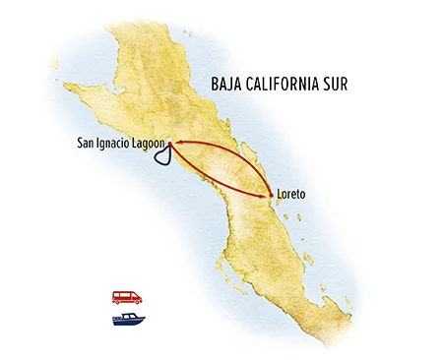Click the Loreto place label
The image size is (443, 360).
click(291, 195)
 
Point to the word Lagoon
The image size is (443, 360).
click(142, 144)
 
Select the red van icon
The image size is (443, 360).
click(126, 296)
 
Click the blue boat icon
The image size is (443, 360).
click(128, 319)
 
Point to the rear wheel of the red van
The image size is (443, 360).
click(118, 301)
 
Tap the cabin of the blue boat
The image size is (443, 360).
click(126, 316)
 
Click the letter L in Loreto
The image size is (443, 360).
click(280, 195)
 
